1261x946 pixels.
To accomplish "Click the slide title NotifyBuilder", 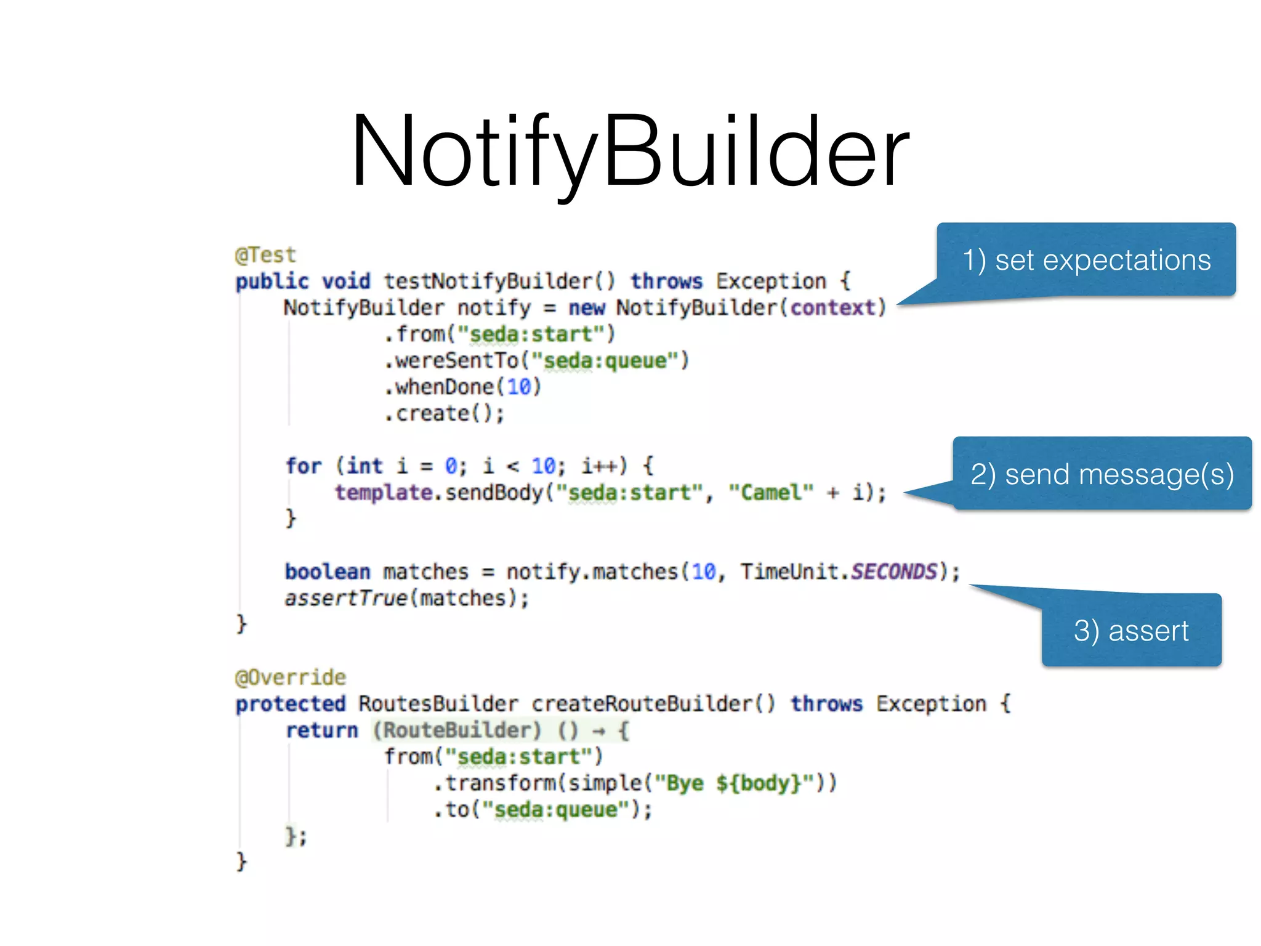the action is click(x=629, y=151).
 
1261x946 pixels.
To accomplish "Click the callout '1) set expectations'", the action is click(x=1086, y=260).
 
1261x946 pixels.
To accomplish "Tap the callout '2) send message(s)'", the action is click(x=1102, y=474).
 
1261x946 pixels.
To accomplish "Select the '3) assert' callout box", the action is click(x=1131, y=631).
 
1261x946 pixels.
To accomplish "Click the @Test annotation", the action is click(x=265, y=255).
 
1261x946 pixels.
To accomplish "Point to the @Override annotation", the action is click(x=291, y=677).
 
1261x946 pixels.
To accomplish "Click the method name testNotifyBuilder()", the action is click(x=499, y=281).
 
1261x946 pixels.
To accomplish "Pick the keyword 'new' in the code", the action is click(x=586, y=308).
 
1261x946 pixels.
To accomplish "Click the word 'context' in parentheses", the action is click(x=833, y=308).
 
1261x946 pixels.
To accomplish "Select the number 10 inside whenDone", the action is click(x=519, y=387).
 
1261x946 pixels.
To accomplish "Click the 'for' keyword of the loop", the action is click(x=304, y=466).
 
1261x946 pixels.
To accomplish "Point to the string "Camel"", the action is click(x=771, y=493).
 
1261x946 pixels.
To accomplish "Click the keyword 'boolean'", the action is click(x=328, y=572).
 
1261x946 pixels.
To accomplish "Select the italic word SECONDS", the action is click(x=894, y=572).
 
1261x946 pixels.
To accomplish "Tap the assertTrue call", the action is click(x=346, y=598).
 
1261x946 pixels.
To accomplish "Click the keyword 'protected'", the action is click(x=291, y=704).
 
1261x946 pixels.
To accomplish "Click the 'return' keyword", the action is click(x=321, y=730).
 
